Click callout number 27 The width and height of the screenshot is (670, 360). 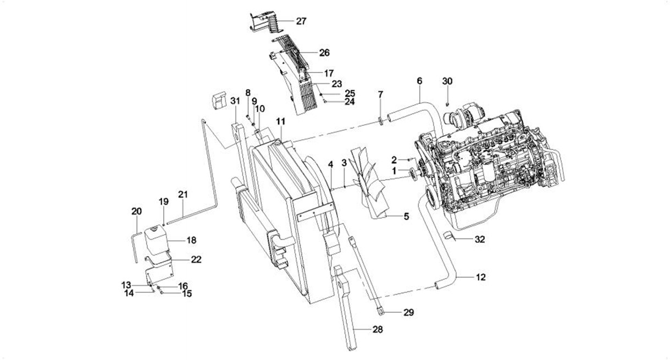(x=301, y=21)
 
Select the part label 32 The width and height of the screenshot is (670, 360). (x=480, y=239)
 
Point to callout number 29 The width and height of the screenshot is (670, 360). (x=408, y=313)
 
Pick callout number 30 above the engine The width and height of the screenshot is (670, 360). (x=447, y=81)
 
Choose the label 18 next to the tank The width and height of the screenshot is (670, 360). (x=191, y=240)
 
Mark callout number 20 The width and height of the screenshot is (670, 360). (x=136, y=211)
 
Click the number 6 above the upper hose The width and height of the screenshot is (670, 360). (x=419, y=80)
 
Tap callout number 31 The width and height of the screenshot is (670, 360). (x=235, y=101)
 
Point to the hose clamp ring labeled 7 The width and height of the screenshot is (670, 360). (x=380, y=119)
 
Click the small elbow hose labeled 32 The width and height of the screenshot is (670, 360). (x=450, y=237)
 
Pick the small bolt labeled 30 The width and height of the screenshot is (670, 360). (x=447, y=103)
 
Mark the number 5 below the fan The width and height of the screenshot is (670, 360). (x=406, y=216)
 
